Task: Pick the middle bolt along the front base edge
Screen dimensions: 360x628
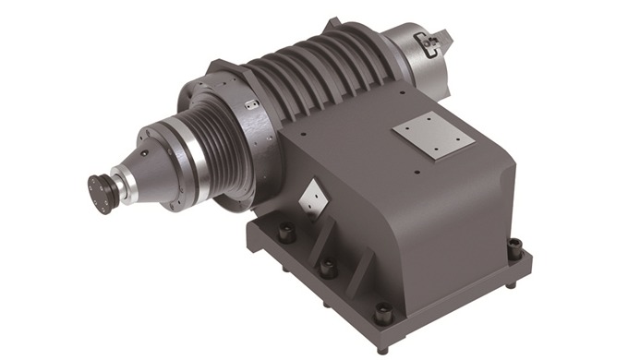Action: [326, 269]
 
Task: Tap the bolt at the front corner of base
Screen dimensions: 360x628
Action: [382, 315]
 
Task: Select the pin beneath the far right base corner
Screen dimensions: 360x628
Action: [511, 283]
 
